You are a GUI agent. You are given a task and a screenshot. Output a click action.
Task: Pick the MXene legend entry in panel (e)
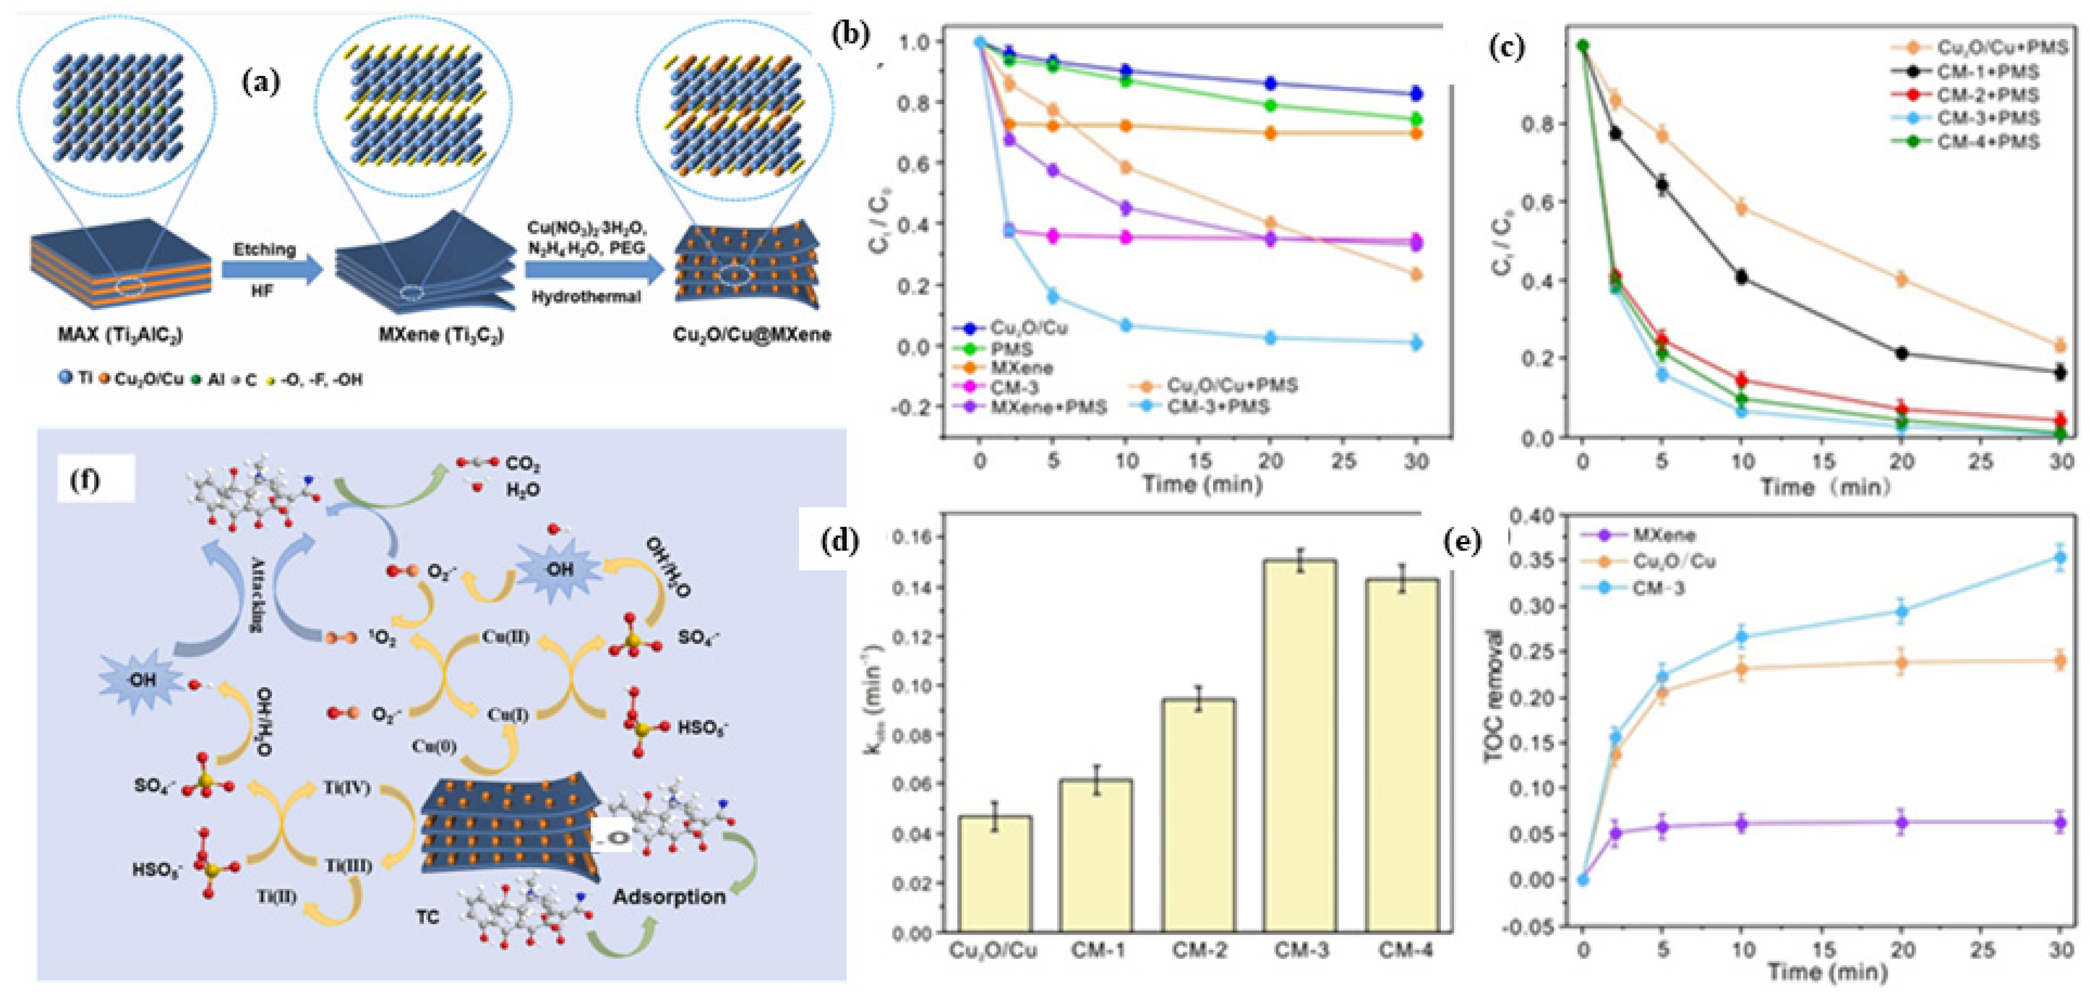click(1663, 535)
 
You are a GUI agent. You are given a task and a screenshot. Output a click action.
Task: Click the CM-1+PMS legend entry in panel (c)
click(1988, 72)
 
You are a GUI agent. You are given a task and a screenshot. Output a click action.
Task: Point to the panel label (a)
click(261, 82)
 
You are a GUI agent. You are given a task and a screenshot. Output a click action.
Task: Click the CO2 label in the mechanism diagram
click(523, 465)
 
